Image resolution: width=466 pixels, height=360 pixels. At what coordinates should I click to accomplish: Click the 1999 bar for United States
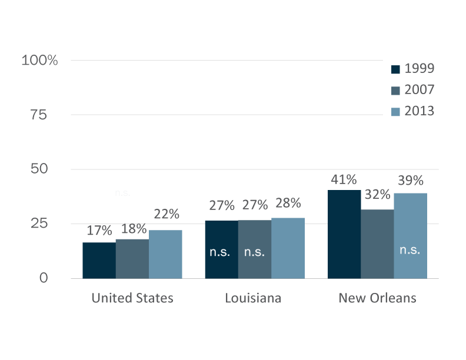click(x=99, y=260)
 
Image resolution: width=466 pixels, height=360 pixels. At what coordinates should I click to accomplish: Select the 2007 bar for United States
click(x=132, y=258)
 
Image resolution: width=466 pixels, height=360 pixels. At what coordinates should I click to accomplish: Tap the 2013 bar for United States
click(x=165, y=254)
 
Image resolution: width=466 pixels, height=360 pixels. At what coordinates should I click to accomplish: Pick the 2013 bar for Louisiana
click(x=288, y=248)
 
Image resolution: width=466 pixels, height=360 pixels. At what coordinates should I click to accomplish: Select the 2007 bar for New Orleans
click(x=377, y=244)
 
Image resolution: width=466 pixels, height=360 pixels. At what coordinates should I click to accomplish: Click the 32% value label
click(x=377, y=194)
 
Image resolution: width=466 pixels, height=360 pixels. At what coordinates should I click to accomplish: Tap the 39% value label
click(x=410, y=181)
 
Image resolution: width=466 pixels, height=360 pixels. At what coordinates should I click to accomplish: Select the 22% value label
click(x=167, y=214)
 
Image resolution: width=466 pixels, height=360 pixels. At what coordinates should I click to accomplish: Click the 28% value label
click(x=288, y=203)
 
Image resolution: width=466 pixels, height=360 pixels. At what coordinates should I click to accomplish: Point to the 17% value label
click(x=99, y=230)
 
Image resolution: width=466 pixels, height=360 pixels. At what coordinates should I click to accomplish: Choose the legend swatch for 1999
click(x=395, y=69)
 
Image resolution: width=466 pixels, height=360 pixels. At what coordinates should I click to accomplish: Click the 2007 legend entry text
click(x=420, y=89)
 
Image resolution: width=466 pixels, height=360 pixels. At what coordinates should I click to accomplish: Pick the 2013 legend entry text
click(x=420, y=111)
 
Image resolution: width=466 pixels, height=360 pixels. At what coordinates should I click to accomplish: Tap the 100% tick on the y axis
click(x=39, y=60)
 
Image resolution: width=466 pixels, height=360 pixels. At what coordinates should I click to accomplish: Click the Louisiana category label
click(x=253, y=298)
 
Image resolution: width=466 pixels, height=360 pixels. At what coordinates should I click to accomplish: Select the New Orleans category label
click(x=377, y=298)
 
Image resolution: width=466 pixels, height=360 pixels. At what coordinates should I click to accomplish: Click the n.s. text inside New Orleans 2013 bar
click(x=410, y=250)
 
